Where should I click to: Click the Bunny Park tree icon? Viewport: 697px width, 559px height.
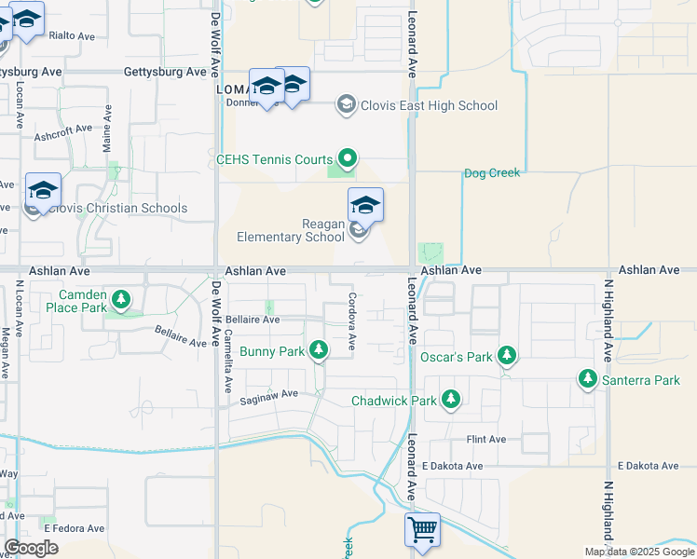pos(319,350)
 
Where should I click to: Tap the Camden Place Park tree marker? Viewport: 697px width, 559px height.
pos(120,300)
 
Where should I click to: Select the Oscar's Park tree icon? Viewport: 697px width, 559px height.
pos(507,355)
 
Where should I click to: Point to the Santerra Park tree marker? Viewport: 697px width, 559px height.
pos(587,378)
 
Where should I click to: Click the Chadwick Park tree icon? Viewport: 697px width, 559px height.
pos(451,400)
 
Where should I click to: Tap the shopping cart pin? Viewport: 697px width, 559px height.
pos(422,530)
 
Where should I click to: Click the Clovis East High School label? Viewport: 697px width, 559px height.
pos(430,105)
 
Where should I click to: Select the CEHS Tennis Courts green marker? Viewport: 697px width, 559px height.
pos(348,159)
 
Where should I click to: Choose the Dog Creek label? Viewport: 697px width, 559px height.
pos(491,172)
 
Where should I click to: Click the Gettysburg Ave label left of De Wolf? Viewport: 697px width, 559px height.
pos(165,72)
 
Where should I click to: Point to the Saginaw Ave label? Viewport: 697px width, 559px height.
pos(268,395)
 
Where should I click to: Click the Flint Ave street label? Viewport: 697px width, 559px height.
pos(485,440)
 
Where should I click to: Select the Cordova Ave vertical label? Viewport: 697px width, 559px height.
pos(353,321)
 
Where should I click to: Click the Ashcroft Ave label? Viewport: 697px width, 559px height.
pos(63,131)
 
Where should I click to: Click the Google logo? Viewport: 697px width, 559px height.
pos(31,548)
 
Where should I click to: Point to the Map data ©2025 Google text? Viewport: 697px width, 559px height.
pos(640,552)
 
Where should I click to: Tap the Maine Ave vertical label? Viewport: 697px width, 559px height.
pos(108,129)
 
